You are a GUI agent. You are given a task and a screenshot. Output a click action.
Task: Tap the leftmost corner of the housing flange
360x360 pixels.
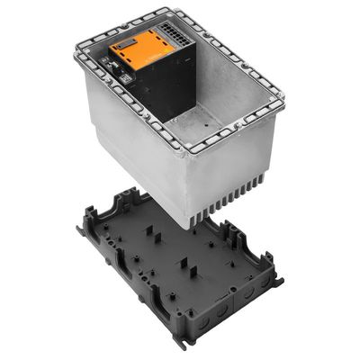pos(76,40)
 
